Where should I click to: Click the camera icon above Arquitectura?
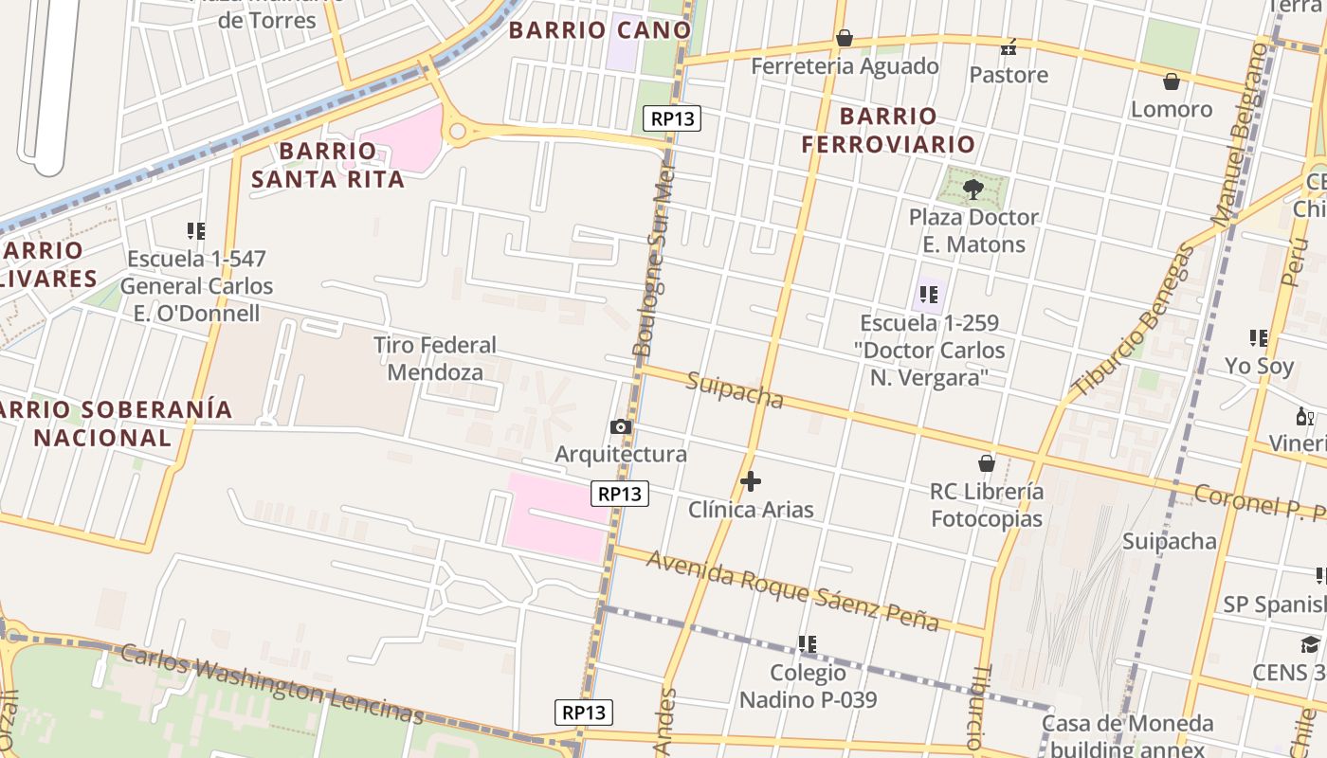(x=621, y=426)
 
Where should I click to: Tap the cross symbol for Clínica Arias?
(x=750, y=481)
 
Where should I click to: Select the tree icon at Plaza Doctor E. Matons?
(x=973, y=189)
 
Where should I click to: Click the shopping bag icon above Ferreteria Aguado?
(x=844, y=38)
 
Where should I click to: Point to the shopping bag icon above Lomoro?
(x=1172, y=81)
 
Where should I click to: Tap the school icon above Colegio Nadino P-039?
(x=808, y=644)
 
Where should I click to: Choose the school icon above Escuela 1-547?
(x=196, y=230)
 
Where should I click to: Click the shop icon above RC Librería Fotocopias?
(x=987, y=463)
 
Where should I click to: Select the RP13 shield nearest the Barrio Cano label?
(x=672, y=118)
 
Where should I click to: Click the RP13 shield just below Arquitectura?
(x=621, y=494)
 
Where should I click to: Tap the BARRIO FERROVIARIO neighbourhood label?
(x=888, y=130)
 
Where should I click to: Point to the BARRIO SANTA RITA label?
(x=328, y=165)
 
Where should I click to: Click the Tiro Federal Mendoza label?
(x=435, y=358)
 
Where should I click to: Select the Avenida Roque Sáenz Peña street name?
(x=792, y=590)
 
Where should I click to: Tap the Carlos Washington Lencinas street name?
(x=271, y=683)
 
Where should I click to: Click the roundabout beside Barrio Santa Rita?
(x=459, y=132)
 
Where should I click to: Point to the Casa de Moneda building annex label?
(x=1127, y=736)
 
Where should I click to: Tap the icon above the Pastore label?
(x=1009, y=46)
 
